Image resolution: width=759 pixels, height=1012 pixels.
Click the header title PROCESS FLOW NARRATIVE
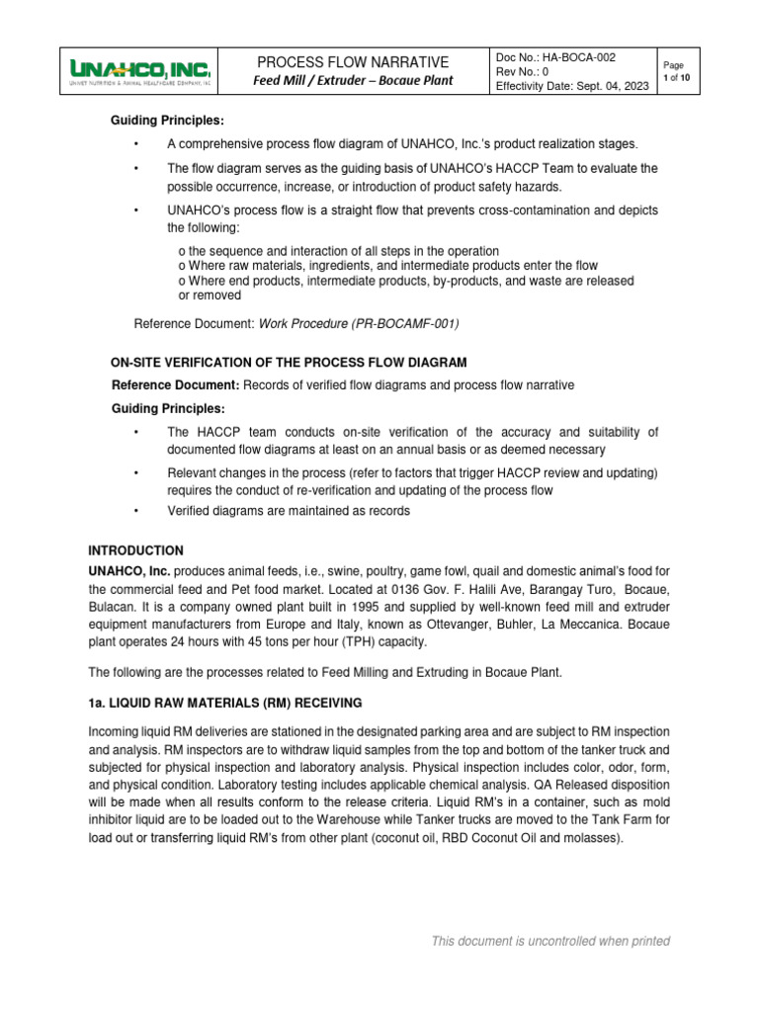tap(353, 62)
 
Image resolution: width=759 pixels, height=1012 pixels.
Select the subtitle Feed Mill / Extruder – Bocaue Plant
tap(353, 80)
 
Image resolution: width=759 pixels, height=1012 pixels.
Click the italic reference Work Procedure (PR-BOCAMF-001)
tap(360, 323)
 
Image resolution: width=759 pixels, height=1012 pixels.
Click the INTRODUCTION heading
tap(135, 549)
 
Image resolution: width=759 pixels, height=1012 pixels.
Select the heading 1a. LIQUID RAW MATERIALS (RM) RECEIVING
tap(225, 703)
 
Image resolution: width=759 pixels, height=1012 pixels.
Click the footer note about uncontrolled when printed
tap(550, 941)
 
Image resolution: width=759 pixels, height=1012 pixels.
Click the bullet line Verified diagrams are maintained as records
tap(288, 511)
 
